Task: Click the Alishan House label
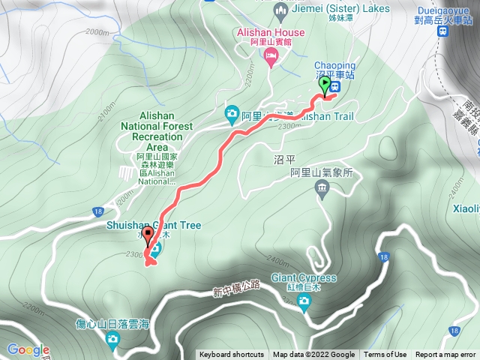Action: pyautogui.click(x=270, y=32)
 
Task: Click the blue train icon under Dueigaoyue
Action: pyautogui.click(x=445, y=32)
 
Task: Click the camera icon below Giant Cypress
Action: pyautogui.click(x=304, y=302)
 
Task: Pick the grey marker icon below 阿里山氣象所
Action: pyautogui.click(x=323, y=186)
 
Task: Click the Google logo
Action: pyautogui.click(x=28, y=349)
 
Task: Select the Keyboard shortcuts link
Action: pyautogui.click(x=232, y=355)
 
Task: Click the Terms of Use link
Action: pyautogui.click(x=385, y=355)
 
